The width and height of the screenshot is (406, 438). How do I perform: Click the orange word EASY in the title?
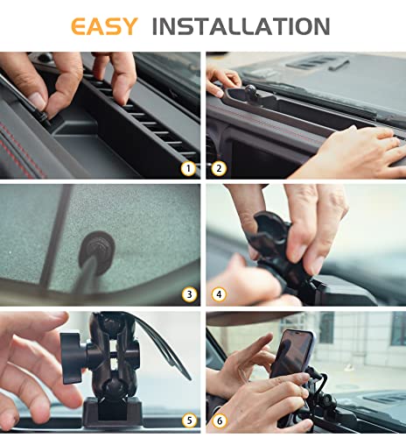[x=104, y=25]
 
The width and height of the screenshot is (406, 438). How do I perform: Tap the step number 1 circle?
[x=187, y=167]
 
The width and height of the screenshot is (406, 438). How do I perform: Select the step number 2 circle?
[x=219, y=167]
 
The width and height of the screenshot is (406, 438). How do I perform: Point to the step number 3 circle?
[x=187, y=294]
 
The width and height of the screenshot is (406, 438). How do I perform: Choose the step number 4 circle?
[x=219, y=294]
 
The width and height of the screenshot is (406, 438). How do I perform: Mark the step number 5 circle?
[x=187, y=420]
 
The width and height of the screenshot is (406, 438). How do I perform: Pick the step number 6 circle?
[x=219, y=420]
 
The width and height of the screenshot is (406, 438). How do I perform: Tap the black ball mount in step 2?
[x=251, y=88]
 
